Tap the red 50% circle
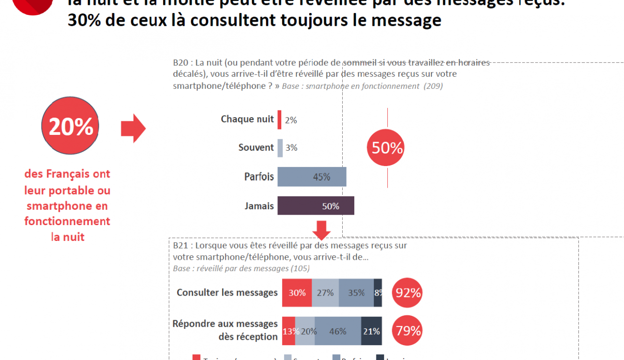(x=385, y=148)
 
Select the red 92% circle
(x=408, y=292)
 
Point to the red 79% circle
(x=408, y=331)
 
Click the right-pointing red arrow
(x=133, y=128)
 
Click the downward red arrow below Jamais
(x=321, y=229)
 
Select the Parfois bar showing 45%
(x=312, y=177)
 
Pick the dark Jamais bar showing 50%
(x=316, y=206)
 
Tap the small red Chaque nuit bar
(x=279, y=120)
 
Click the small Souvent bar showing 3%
(x=280, y=148)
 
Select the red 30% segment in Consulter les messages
(x=297, y=292)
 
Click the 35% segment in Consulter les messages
(x=356, y=292)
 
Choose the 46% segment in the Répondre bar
(x=338, y=331)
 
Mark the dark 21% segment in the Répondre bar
(x=372, y=331)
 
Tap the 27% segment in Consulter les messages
(x=325, y=292)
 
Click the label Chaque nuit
(x=247, y=120)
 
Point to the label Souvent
(x=256, y=148)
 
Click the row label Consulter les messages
(x=227, y=292)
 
